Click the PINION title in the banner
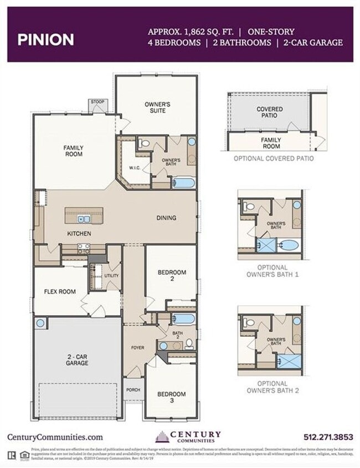coord(45,39)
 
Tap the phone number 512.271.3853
coord(328,437)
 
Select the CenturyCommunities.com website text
coord(55,437)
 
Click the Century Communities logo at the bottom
coord(188,436)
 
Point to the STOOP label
coord(97,102)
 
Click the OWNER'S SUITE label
coord(157,107)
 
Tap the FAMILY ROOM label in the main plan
coord(73,151)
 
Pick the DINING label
coord(166,218)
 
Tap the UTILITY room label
coord(112,275)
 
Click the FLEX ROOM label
coord(59,291)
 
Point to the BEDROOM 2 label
coord(172,276)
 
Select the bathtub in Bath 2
coord(183,318)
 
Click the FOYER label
coord(137,348)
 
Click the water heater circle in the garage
coord(40,322)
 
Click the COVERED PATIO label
coord(270,112)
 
